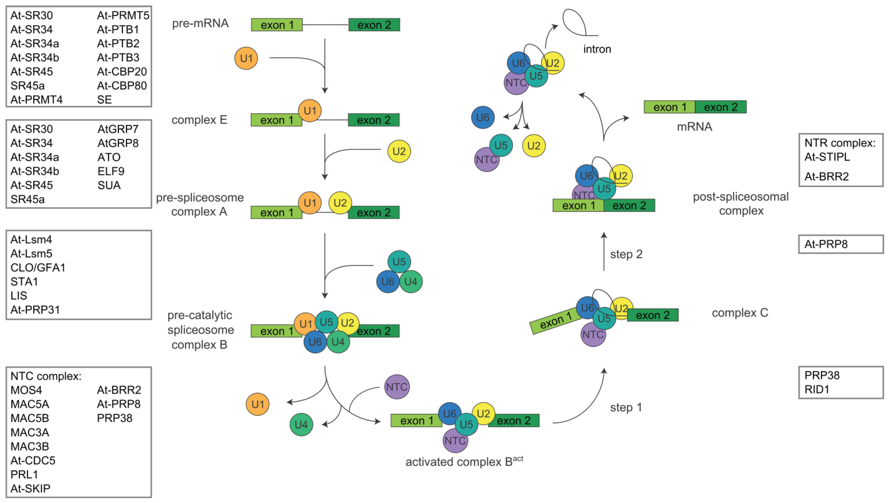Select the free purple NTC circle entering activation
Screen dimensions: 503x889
tap(397, 387)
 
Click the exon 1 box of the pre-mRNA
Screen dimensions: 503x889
tap(277, 25)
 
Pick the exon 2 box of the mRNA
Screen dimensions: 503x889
tap(720, 107)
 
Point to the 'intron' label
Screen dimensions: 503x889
tap(597, 49)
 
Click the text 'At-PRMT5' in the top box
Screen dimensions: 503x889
tap(123, 16)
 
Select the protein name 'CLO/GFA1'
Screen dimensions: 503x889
tap(38, 267)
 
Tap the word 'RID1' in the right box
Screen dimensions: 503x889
tap(817, 389)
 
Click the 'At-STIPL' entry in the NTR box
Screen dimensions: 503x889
tap(827, 157)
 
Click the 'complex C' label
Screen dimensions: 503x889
tap(740, 313)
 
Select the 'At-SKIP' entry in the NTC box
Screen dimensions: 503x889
tap(30, 488)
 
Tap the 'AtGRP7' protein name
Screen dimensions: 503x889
tap(118, 129)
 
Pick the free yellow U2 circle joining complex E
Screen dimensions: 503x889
tap(399, 151)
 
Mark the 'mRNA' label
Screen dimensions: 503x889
tap(694, 127)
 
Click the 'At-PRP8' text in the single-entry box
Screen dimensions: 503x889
tap(826, 244)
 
